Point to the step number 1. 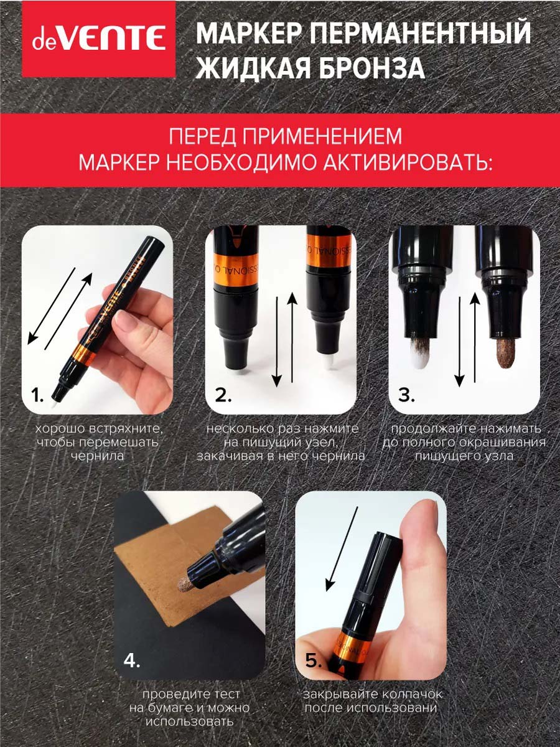37,395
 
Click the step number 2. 223,395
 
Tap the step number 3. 406,395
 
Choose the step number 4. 132,661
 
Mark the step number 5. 314,661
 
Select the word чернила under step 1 97,456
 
